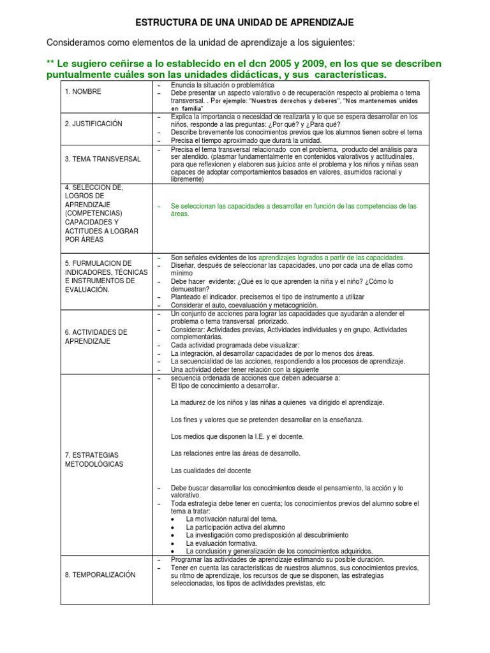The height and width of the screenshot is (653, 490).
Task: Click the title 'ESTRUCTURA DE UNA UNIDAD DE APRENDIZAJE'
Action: [244, 23]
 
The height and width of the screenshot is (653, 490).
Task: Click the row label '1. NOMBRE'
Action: [83, 92]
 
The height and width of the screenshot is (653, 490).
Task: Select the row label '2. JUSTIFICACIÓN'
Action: [93, 124]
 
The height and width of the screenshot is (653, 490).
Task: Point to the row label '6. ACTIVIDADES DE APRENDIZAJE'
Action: [96, 337]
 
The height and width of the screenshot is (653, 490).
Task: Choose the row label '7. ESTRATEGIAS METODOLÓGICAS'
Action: [94, 459]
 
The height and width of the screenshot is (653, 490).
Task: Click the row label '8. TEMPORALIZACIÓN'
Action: [100, 575]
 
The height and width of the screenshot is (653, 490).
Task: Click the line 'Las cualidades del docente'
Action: [211, 471]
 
